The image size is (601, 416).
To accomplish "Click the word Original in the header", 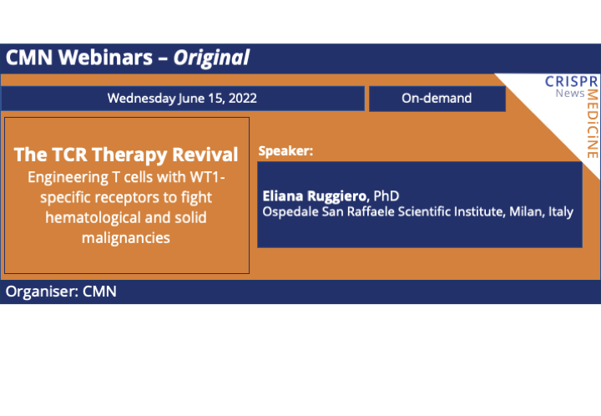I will pos(212,58).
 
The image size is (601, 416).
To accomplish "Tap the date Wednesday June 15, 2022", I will pos(182,98).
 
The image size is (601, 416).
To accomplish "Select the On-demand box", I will pos(437,98).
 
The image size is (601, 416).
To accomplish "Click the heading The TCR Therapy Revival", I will pos(126,155).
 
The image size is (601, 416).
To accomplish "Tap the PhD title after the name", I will pos(386,195).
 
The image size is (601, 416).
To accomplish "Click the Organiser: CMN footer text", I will pos(61,292).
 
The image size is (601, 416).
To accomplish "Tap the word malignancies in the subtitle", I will pos(126,238).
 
